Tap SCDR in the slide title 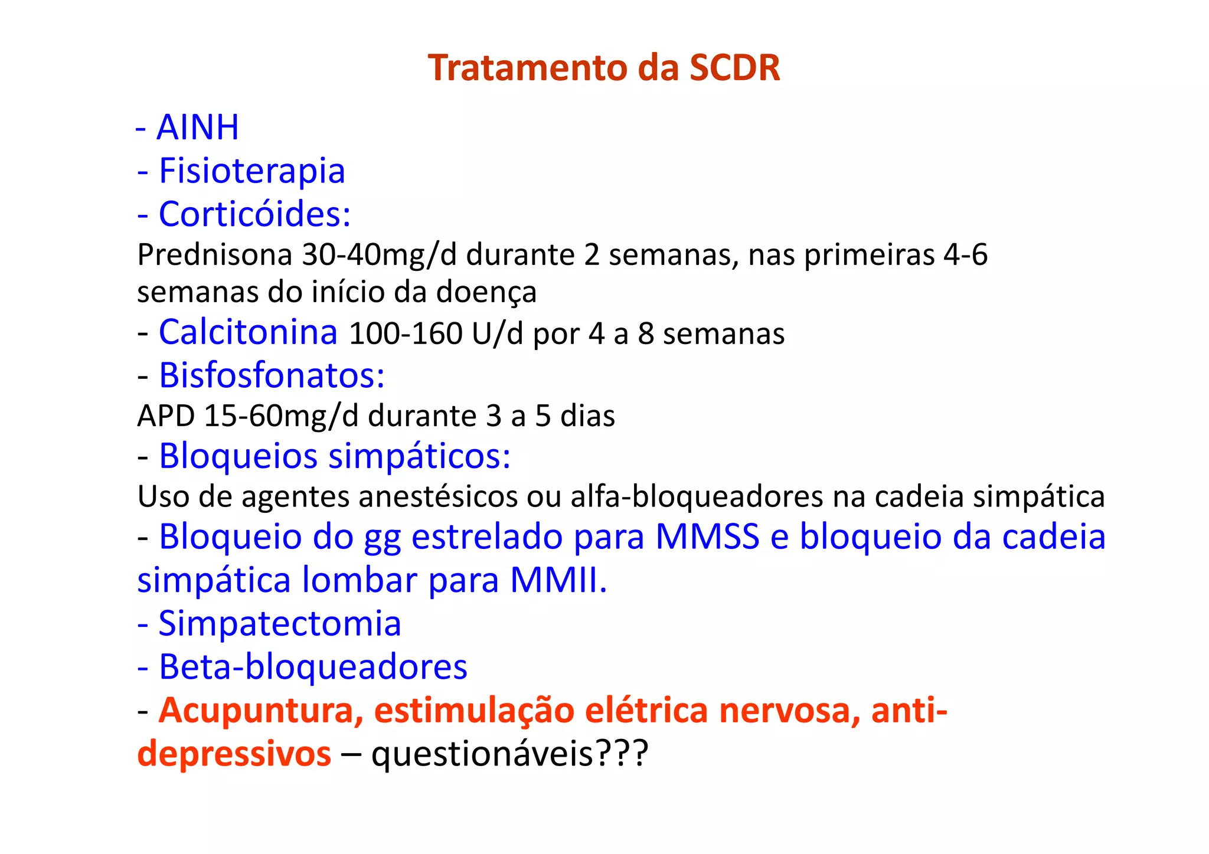tap(735, 68)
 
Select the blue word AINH tap(198, 127)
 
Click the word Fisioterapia tap(252, 171)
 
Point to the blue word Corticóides tap(254, 214)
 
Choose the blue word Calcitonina tap(248, 332)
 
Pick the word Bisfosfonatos tap(272, 375)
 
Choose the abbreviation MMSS tap(707, 537)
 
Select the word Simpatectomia tap(280, 624)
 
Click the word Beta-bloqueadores tap(313, 667)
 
